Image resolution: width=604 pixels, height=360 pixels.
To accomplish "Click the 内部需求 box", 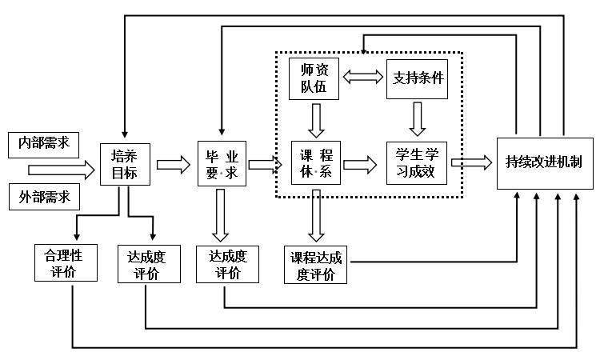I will coord(45,144).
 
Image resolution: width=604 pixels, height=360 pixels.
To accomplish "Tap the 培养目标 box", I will coord(125,164).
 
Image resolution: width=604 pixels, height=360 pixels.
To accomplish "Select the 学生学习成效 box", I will coord(415,163).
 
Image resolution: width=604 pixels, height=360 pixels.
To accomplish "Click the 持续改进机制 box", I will coord(544,162).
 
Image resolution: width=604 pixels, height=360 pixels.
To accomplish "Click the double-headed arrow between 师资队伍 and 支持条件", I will coord(364,78).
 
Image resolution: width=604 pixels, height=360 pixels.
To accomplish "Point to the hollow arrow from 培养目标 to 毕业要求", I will coord(174,165).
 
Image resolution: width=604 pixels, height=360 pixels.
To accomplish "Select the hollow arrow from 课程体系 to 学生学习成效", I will coord(360,164).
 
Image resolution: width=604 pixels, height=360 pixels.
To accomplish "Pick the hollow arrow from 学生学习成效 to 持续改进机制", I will coord(471,162).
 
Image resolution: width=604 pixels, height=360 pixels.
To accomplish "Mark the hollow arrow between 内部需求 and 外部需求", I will coord(60,170).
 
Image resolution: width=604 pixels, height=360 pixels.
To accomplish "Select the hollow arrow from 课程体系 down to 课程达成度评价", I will coord(317,214).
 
